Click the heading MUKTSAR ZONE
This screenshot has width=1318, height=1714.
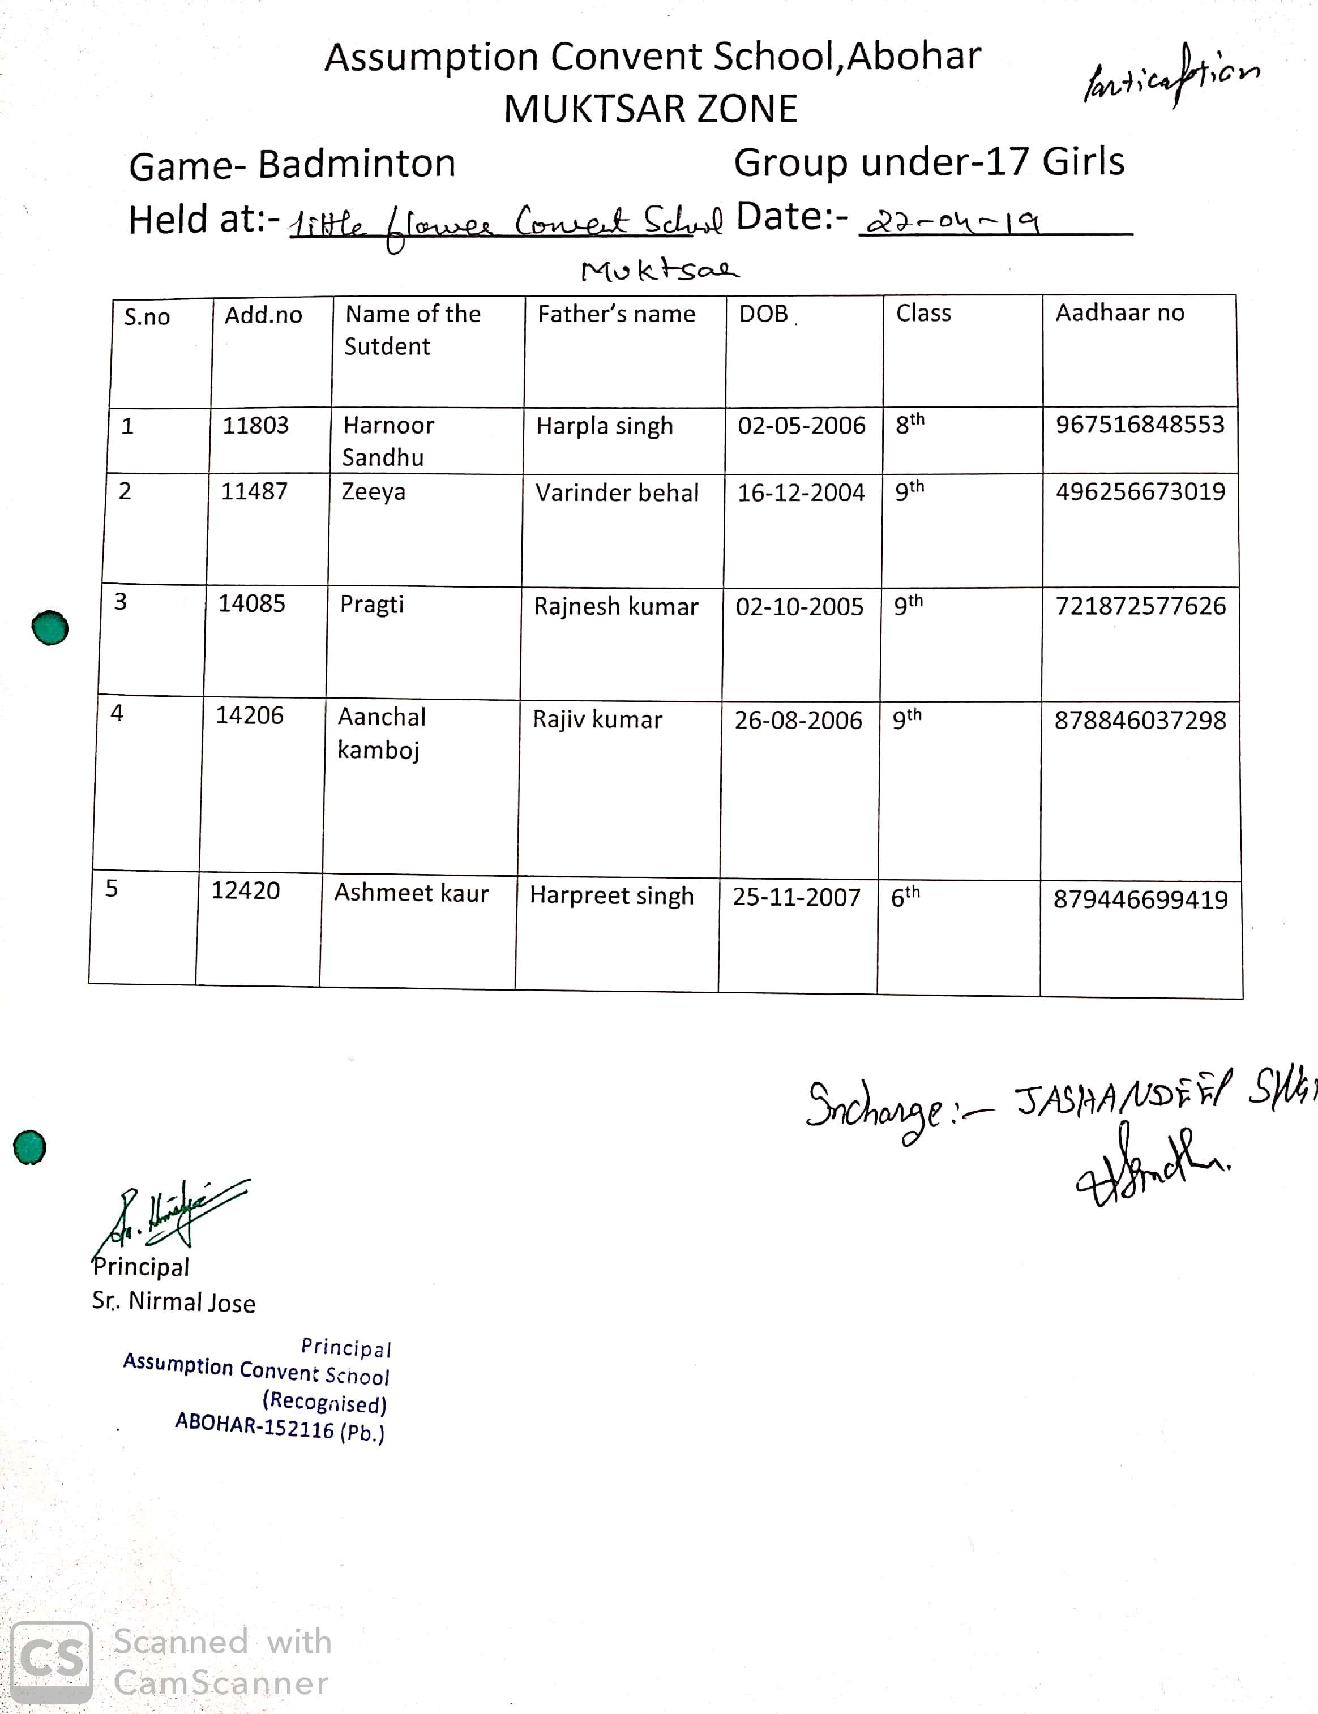[651, 109]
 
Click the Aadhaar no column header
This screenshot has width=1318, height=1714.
[1119, 313]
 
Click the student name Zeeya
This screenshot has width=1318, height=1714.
[374, 492]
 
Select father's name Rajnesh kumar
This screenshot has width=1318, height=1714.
[616, 606]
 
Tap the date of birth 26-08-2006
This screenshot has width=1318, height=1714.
[798, 720]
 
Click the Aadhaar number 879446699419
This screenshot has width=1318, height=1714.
[1140, 899]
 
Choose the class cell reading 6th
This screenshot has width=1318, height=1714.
[905, 896]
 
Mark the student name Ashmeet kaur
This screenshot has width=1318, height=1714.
[411, 893]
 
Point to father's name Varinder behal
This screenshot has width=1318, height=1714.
[617, 492]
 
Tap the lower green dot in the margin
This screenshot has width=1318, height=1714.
[30, 1147]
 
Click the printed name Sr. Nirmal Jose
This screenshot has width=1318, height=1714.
[173, 1301]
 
